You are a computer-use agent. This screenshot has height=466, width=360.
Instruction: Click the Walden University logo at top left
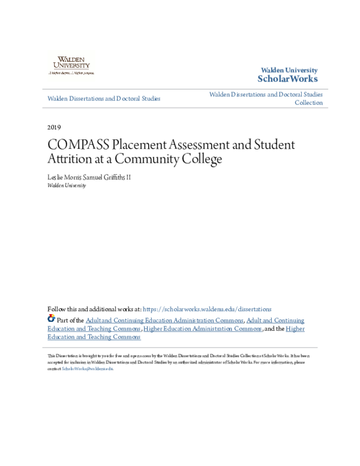(71, 64)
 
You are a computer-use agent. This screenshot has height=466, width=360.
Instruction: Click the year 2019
(53, 127)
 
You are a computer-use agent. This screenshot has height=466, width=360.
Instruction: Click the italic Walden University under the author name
(67, 186)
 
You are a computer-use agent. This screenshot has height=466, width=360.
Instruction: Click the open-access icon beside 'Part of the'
(51, 319)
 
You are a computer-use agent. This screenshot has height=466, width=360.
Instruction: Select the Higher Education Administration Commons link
(203, 329)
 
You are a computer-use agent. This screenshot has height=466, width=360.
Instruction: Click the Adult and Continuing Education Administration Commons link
(164, 321)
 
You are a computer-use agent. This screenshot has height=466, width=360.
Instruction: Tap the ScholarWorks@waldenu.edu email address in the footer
(88, 369)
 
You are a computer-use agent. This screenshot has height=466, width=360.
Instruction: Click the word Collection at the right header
(308, 103)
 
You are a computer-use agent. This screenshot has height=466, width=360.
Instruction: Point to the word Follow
(56, 309)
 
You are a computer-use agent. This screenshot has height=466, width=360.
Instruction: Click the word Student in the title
(273, 145)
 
